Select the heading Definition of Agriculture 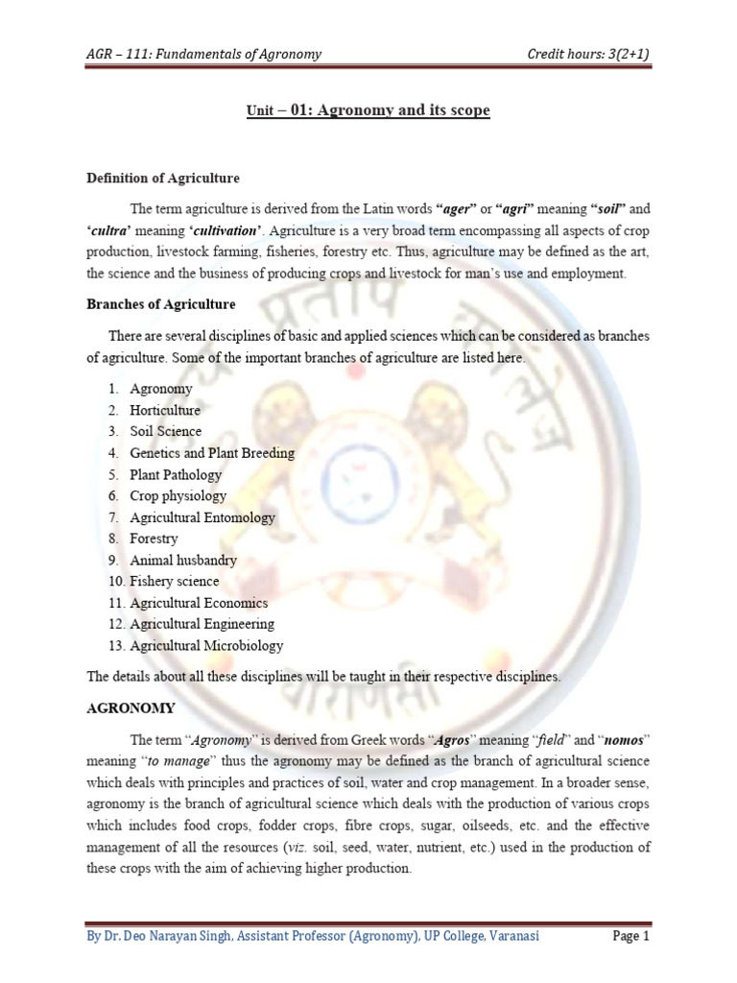[x=163, y=179]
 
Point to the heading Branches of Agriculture [x=161, y=304]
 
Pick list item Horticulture [x=165, y=410]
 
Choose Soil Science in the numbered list [x=166, y=431]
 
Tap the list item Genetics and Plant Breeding [x=212, y=452]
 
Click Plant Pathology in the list [x=176, y=474]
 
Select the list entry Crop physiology [x=178, y=495]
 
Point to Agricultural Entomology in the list [x=202, y=517]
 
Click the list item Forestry [x=155, y=539]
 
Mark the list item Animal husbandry [x=183, y=560]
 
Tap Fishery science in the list [x=175, y=581]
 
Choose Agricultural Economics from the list [x=199, y=603]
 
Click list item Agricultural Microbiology [x=206, y=646]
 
